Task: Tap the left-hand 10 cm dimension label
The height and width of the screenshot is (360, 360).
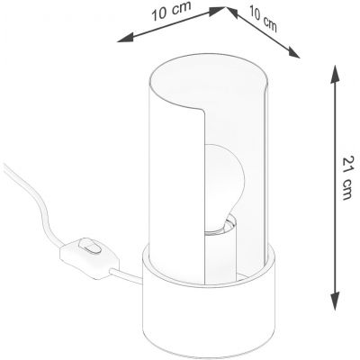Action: click(171, 12)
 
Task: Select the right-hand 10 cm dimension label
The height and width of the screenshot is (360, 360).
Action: click(263, 19)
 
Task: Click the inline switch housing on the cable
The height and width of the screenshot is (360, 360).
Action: click(89, 258)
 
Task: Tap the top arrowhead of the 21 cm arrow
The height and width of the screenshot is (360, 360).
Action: click(336, 74)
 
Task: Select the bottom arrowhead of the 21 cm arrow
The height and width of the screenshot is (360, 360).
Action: click(336, 301)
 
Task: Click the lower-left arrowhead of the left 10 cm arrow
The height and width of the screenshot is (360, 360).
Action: click(125, 38)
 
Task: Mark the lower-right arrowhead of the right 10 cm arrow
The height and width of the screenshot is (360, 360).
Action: click(293, 52)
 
